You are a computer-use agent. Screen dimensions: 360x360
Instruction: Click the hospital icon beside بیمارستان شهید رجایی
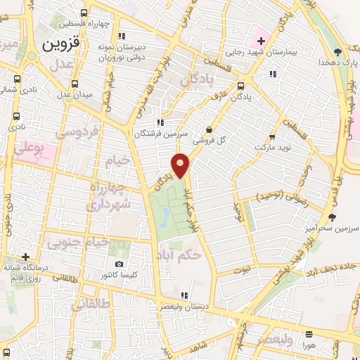coord(260,39)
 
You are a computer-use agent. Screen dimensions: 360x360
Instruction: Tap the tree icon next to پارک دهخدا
coord(337,51)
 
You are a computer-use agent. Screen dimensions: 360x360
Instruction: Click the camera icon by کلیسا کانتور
coord(119,264)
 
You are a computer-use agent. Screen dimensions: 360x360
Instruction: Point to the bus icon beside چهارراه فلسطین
coord(85,13)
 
